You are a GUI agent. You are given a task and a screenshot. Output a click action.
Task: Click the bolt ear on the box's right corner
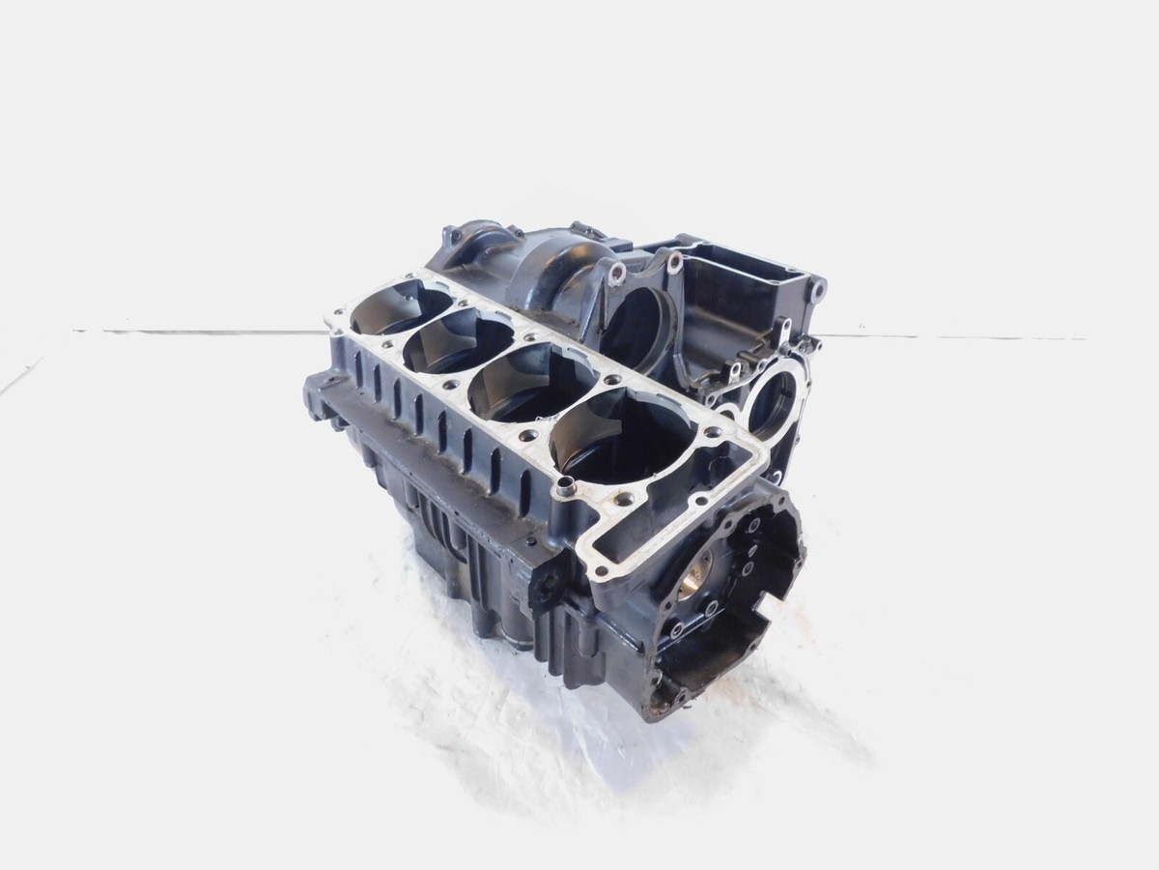click(817, 288)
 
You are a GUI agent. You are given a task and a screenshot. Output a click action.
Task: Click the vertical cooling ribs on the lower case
click(439, 522)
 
